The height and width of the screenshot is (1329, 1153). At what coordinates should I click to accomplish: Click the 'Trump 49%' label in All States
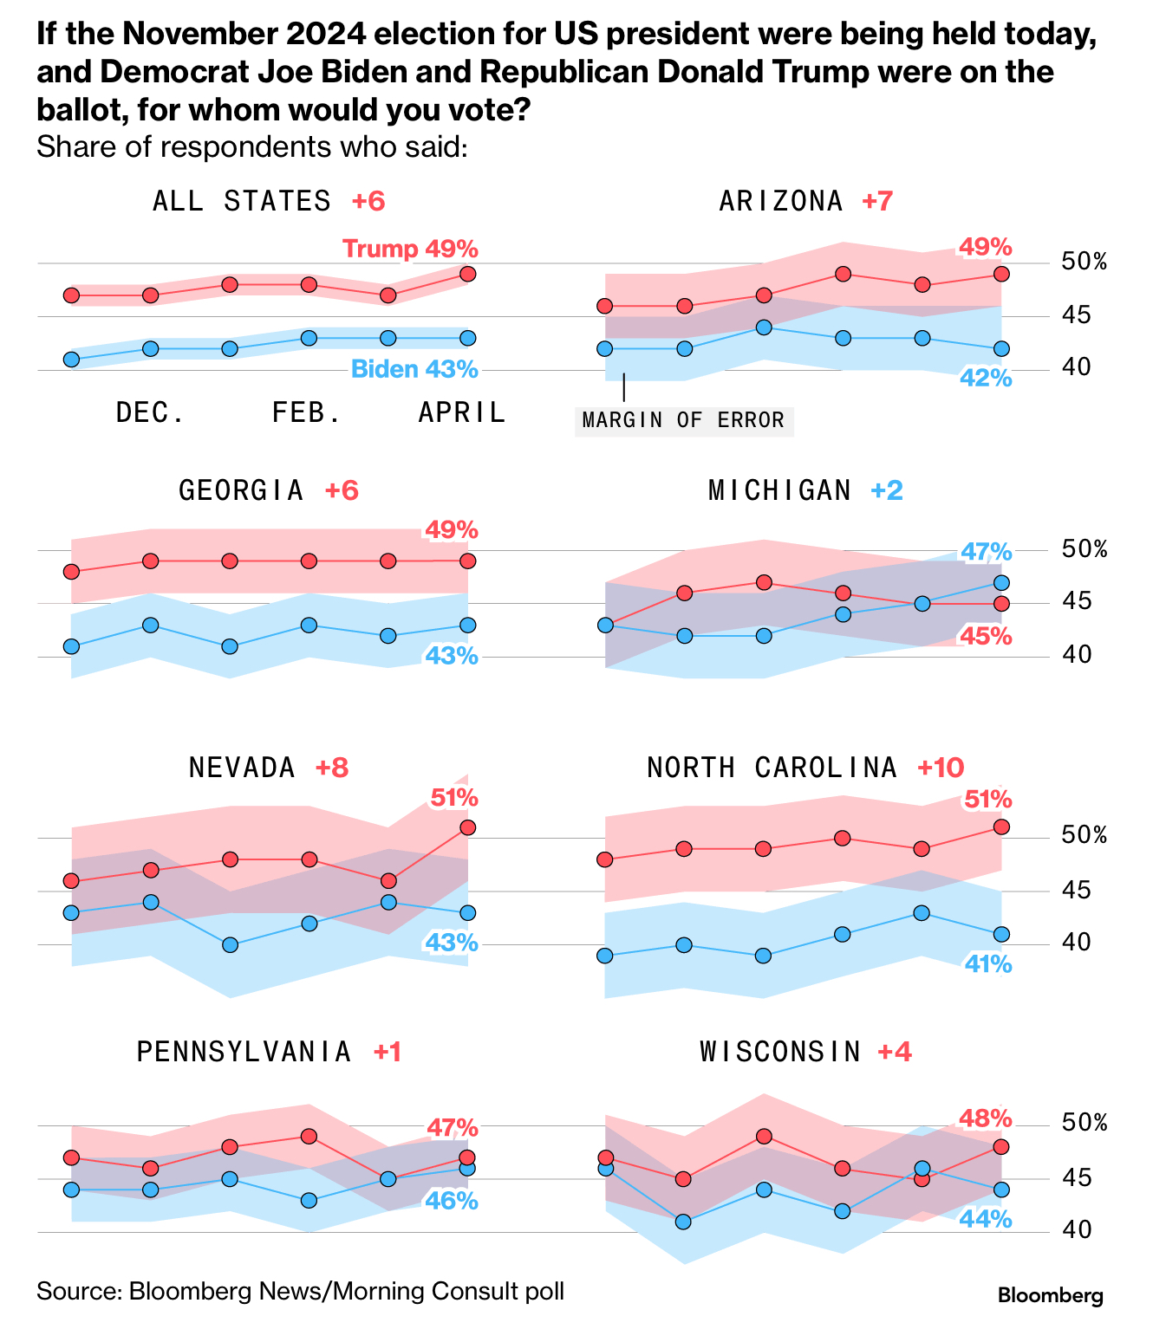(x=410, y=249)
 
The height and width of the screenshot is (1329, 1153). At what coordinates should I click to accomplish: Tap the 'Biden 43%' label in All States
(x=414, y=369)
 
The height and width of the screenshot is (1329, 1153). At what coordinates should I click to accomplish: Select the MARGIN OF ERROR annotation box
(x=683, y=420)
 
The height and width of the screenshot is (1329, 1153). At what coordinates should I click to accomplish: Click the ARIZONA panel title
(x=781, y=201)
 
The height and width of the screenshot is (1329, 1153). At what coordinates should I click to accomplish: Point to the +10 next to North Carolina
(x=941, y=768)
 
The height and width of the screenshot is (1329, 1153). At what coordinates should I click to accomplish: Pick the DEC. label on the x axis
(x=151, y=412)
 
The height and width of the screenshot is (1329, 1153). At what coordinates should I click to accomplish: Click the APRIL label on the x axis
(x=461, y=412)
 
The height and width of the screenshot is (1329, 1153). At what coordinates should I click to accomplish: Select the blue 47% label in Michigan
(x=986, y=552)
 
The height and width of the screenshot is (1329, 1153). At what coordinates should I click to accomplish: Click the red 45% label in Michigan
(x=986, y=637)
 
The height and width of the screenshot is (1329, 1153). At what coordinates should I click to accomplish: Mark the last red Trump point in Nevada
(x=467, y=827)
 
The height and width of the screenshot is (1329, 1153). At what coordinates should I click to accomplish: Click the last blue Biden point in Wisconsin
(x=1001, y=1190)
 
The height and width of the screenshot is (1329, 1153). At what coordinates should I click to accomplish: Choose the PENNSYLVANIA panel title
(x=244, y=1052)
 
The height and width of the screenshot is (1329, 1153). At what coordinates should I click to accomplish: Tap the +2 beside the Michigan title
(x=887, y=490)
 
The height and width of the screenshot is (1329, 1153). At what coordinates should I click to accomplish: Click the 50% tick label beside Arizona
(x=1084, y=262)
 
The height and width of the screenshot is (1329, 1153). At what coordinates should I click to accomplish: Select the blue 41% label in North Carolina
(x=987, y=963)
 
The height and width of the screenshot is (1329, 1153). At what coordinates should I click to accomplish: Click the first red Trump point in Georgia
(x=72, y=572)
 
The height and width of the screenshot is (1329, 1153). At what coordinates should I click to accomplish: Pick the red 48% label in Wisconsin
(x=986, y=1118)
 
